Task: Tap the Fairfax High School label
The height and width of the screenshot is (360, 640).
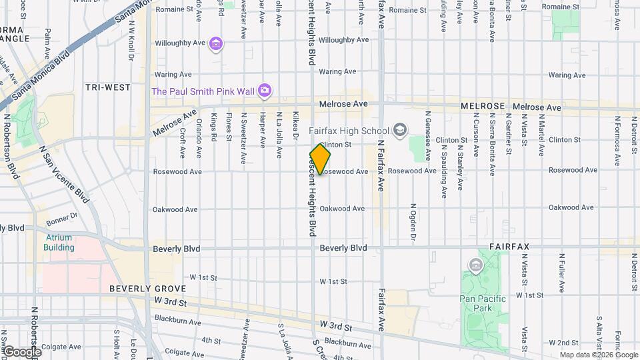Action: (x=350, y=130)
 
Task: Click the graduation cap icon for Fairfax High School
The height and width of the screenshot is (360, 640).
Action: (x=400, y=129)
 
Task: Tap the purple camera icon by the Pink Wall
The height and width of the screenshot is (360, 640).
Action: (x=265, y=90)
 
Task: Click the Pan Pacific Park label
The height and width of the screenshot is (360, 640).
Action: (x=483, y=303)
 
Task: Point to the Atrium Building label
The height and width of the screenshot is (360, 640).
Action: (x=59, y=242)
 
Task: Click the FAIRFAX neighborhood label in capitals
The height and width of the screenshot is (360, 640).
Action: (x=509, y=247)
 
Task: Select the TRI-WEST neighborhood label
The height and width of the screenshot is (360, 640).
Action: (x=107, y=87)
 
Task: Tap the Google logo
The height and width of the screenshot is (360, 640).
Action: (x=21, y=351)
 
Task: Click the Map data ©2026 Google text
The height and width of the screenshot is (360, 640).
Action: (x=598, y=355)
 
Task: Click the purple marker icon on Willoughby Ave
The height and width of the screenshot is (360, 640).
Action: (x=216, y=45)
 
